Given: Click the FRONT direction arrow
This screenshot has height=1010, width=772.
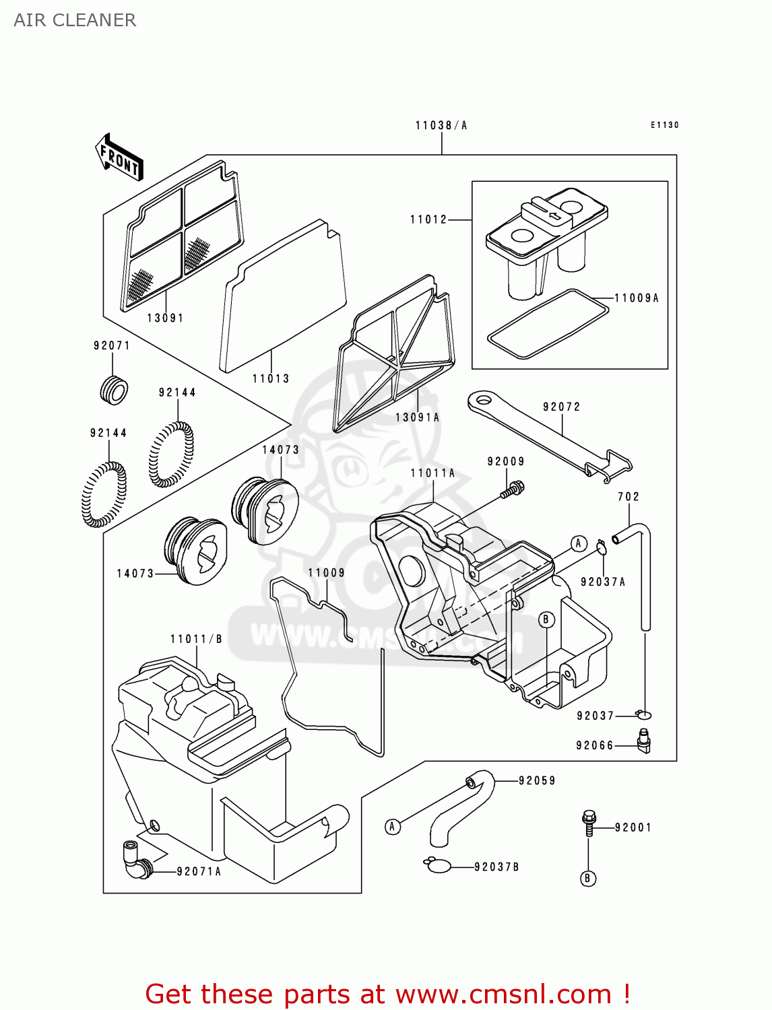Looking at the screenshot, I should coord(120,158).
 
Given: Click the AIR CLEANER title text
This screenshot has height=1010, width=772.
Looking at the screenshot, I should coord(75,20).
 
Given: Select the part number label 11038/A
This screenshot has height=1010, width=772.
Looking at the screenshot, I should coord(441,125).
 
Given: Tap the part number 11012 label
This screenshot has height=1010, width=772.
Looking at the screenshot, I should coord(428,220).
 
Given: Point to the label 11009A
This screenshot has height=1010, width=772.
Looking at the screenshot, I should coord(637,298).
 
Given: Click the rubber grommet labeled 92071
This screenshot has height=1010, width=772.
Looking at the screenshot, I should coord(114,389).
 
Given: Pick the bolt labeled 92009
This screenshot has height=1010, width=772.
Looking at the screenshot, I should coord(513,489).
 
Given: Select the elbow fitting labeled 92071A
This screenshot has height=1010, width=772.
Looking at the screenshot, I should coord(137,858).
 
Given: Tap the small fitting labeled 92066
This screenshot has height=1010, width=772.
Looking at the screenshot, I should coord(644,741).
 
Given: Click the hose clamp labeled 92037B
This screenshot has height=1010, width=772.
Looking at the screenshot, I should coord(438,865).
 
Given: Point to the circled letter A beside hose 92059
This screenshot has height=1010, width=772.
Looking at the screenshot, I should coord(393,826).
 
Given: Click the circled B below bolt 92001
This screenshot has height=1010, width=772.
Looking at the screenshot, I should coord(588,878).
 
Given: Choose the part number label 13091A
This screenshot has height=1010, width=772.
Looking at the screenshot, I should coord(417,417).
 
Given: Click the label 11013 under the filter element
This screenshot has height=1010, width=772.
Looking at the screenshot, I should coord(271,378).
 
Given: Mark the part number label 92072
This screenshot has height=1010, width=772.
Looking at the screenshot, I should coord(561,407).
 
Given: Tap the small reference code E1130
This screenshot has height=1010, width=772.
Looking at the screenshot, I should coord(664,125).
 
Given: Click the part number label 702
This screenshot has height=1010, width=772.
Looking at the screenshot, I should coord(628,496).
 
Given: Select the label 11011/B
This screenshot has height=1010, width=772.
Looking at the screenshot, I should coord(196,639).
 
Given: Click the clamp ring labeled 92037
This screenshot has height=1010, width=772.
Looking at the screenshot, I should coord(644,714).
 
